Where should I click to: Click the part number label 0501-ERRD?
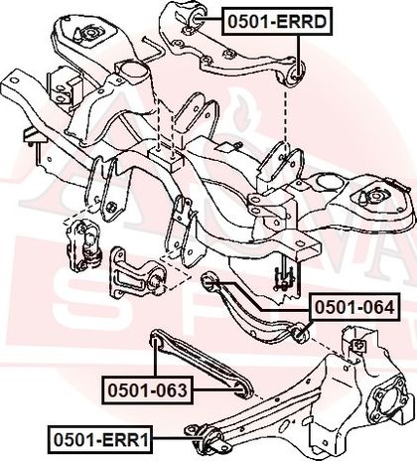(277, 22)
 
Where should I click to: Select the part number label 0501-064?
(354, 307)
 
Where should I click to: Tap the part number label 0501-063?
(148, 389)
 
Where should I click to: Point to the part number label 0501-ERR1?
(101, 439)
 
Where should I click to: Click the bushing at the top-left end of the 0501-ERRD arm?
(197, 17)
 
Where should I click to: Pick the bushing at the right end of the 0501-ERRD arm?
(297, 75)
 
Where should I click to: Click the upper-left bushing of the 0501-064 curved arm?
(208, 282)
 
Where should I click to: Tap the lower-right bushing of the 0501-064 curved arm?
(300, 334)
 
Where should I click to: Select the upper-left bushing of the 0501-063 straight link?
(156, 341)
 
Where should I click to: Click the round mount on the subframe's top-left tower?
(89, 34)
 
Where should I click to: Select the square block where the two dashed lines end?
(166, 157)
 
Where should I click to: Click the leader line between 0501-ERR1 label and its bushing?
(178, 438)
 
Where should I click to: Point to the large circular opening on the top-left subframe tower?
(135, 72)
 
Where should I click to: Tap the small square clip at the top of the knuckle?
(357, 346)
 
